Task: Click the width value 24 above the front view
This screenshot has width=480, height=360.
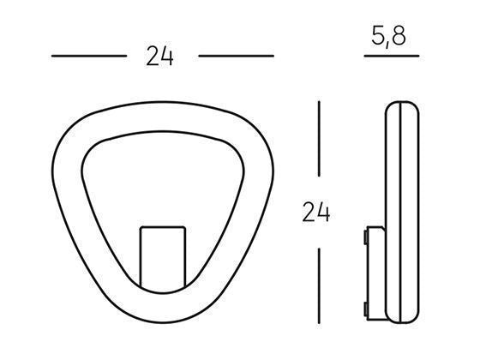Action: point(159,57)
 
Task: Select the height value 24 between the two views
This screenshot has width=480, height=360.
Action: point(316,211)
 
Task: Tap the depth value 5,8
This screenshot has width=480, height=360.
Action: point(391,39)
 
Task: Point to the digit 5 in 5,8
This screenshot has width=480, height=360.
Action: point(379,39)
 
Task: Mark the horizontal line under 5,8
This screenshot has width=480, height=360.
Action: point(391,57)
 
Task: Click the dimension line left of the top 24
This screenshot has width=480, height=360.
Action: point(88,57)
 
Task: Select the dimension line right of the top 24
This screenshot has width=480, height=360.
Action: point(236,57)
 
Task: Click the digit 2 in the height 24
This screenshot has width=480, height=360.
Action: point(309,211)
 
